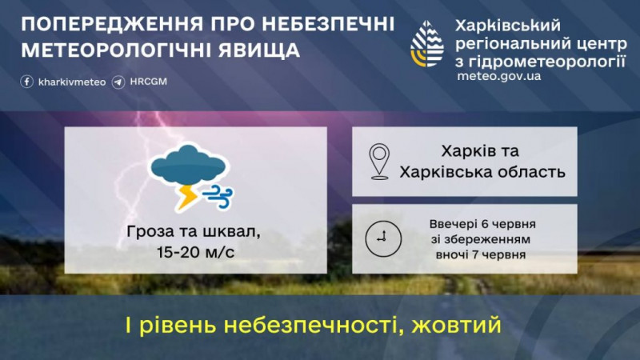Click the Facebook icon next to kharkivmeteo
pos(27,82)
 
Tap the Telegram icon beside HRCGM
pos(118,82)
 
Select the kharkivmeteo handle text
pos(72,82)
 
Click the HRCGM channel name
pos(149,82)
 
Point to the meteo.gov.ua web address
pos(498,76)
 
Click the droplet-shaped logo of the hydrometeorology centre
pos(427,44)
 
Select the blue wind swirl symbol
pos(218,196)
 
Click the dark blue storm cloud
pos(188,165)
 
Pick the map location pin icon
pos(379,162)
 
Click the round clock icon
pos(383,238)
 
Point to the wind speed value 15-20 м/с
pos(195,252)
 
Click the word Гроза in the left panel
pos(150,232)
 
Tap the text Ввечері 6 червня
pos(482,224)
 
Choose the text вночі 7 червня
pos(481,254)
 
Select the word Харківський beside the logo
pos(508,26)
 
